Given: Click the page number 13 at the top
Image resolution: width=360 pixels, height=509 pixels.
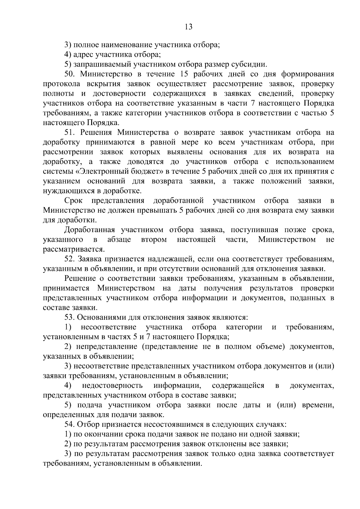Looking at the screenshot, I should (x=188, y=27).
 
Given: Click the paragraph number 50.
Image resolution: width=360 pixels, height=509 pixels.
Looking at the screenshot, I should (x=70, y=74).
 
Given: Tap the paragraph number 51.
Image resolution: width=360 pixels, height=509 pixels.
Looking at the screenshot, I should (x=70, y=133).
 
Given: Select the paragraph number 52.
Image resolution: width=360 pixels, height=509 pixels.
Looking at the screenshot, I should (x=70, y=259).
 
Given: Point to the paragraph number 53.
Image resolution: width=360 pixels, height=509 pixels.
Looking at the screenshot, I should (x=70, y=317).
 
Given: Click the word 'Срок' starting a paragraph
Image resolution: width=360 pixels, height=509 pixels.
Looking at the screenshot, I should (x=73, y=201).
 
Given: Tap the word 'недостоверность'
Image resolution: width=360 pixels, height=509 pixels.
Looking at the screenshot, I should (x=112, y=385).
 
